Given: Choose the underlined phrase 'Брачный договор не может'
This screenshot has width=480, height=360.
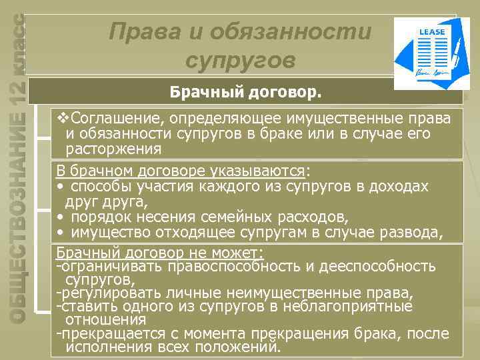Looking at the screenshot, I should tap(159, 253).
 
